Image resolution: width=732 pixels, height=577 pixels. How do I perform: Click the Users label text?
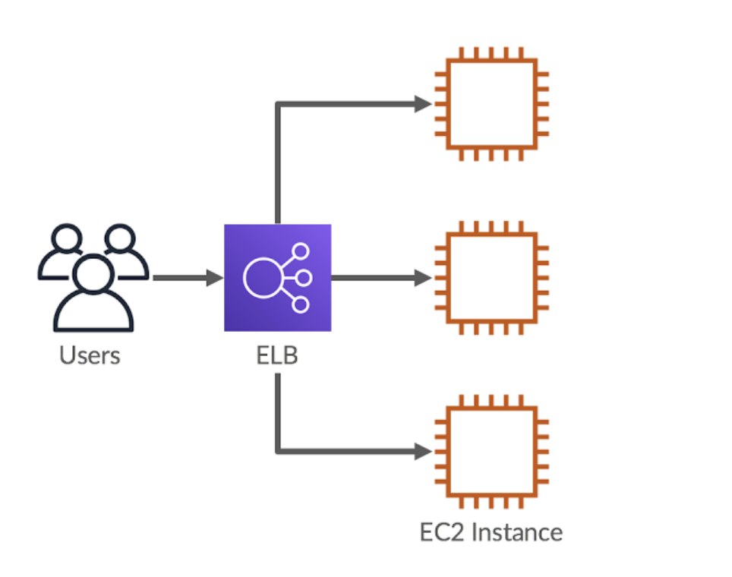click(x=90, y=355)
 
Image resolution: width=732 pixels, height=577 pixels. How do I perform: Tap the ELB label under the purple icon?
click(x=277, y=355)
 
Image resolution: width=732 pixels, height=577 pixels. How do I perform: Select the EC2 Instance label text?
click(x=491, y=531)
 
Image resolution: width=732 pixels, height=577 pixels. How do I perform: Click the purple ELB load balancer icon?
click(x=277, y=278)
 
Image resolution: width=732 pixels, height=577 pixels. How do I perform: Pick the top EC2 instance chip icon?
click(x=491, y=104)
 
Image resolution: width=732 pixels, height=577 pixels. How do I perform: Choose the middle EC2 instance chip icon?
click(x=491, y=278)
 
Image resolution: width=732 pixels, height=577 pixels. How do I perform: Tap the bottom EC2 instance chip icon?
click(x=491, y=452)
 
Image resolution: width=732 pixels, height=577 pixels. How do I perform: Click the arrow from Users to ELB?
click(x=187, y=278)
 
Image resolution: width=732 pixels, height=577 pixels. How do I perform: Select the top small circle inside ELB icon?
click(x=301, y=251)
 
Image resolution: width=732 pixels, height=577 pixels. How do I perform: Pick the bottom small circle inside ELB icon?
click(x=301, y=304)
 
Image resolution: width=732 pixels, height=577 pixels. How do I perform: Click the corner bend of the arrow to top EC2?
click(x=278, y=105)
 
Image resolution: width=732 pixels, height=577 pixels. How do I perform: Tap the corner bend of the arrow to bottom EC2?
click(x=278, y=451)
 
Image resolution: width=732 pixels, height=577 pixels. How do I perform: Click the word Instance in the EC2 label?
click(x=517, y=531)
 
